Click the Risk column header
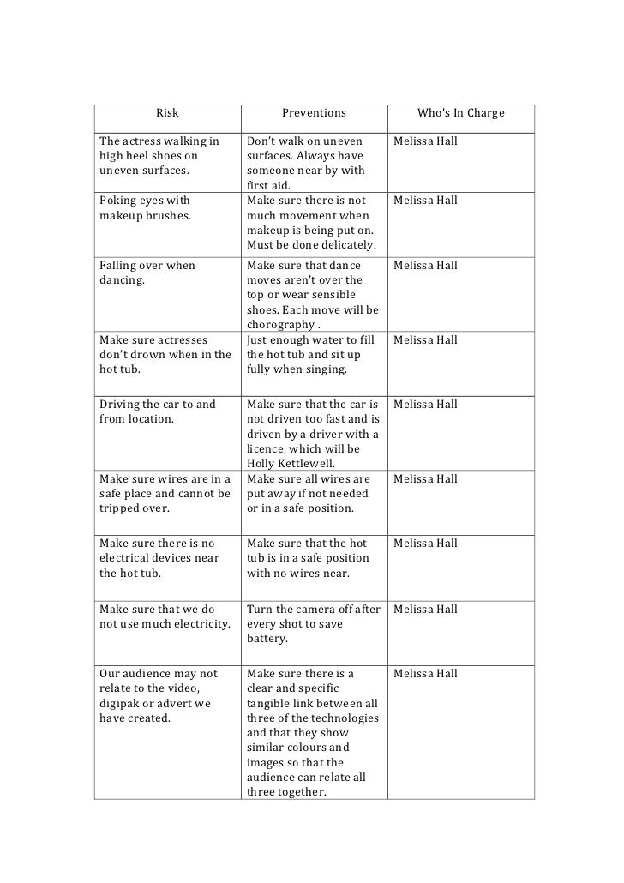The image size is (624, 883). pos(167,113)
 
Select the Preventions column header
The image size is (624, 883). pos(314,113)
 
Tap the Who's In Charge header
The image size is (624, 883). pos(460,113)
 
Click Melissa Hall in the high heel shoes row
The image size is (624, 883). pos(425,141)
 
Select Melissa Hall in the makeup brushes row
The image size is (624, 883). pos(425,201)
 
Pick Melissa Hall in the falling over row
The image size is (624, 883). pos(425,266)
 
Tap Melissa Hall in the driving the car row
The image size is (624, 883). pos(425,405)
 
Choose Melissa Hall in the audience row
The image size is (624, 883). pos(425,674)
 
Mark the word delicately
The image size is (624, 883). pos(342,246)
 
